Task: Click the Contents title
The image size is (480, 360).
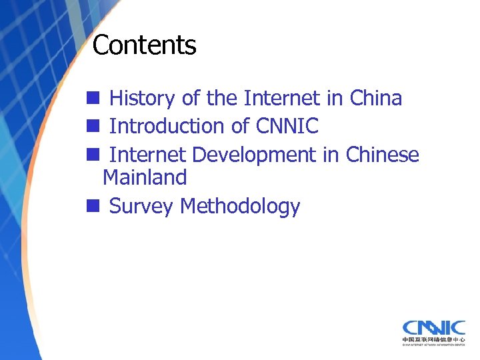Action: click(144, 45)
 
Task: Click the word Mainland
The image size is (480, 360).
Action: click(145, 177)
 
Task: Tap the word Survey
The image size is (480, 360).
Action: click(141, 207)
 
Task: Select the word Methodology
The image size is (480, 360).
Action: click(240, 207)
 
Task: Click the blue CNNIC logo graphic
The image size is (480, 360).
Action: click(433, 327)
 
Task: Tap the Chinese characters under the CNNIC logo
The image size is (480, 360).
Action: click(433, 340)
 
